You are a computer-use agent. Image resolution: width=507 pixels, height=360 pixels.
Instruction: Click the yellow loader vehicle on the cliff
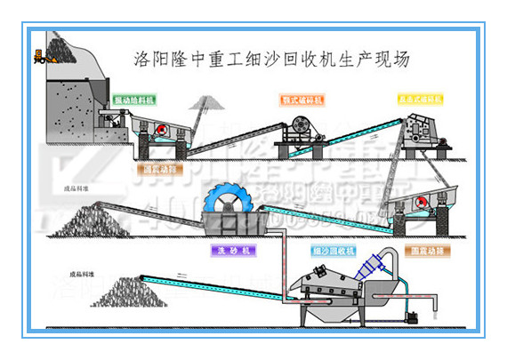pos(40,58)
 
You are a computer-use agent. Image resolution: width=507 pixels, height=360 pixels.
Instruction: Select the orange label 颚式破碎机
pos(300,100)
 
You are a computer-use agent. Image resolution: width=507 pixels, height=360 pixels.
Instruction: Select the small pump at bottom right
pos(411,316)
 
